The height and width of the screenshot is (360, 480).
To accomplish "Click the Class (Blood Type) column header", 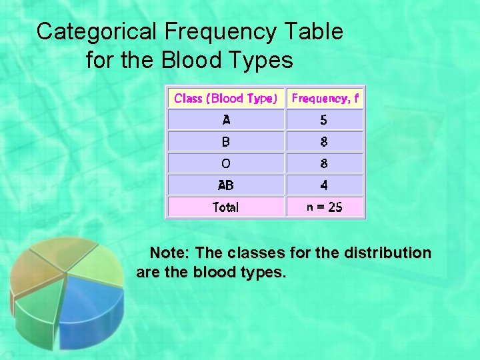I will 225,99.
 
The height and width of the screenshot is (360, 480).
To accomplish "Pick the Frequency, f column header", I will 325,99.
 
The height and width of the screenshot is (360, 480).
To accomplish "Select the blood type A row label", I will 226,120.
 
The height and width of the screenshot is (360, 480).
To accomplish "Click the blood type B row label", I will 226,141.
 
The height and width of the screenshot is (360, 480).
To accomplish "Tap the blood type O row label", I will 226,163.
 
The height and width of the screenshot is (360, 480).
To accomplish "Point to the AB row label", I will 226,185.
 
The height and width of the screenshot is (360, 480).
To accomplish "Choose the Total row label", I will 226,207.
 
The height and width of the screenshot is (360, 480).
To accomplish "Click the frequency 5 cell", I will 324,120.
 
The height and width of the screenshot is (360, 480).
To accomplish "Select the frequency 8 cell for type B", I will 324,141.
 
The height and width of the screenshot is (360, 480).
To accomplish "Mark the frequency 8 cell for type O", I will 324,163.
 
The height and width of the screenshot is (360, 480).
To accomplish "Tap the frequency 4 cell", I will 324,185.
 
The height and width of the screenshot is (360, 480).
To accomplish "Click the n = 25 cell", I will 324,207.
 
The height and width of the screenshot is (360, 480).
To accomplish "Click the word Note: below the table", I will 171,253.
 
